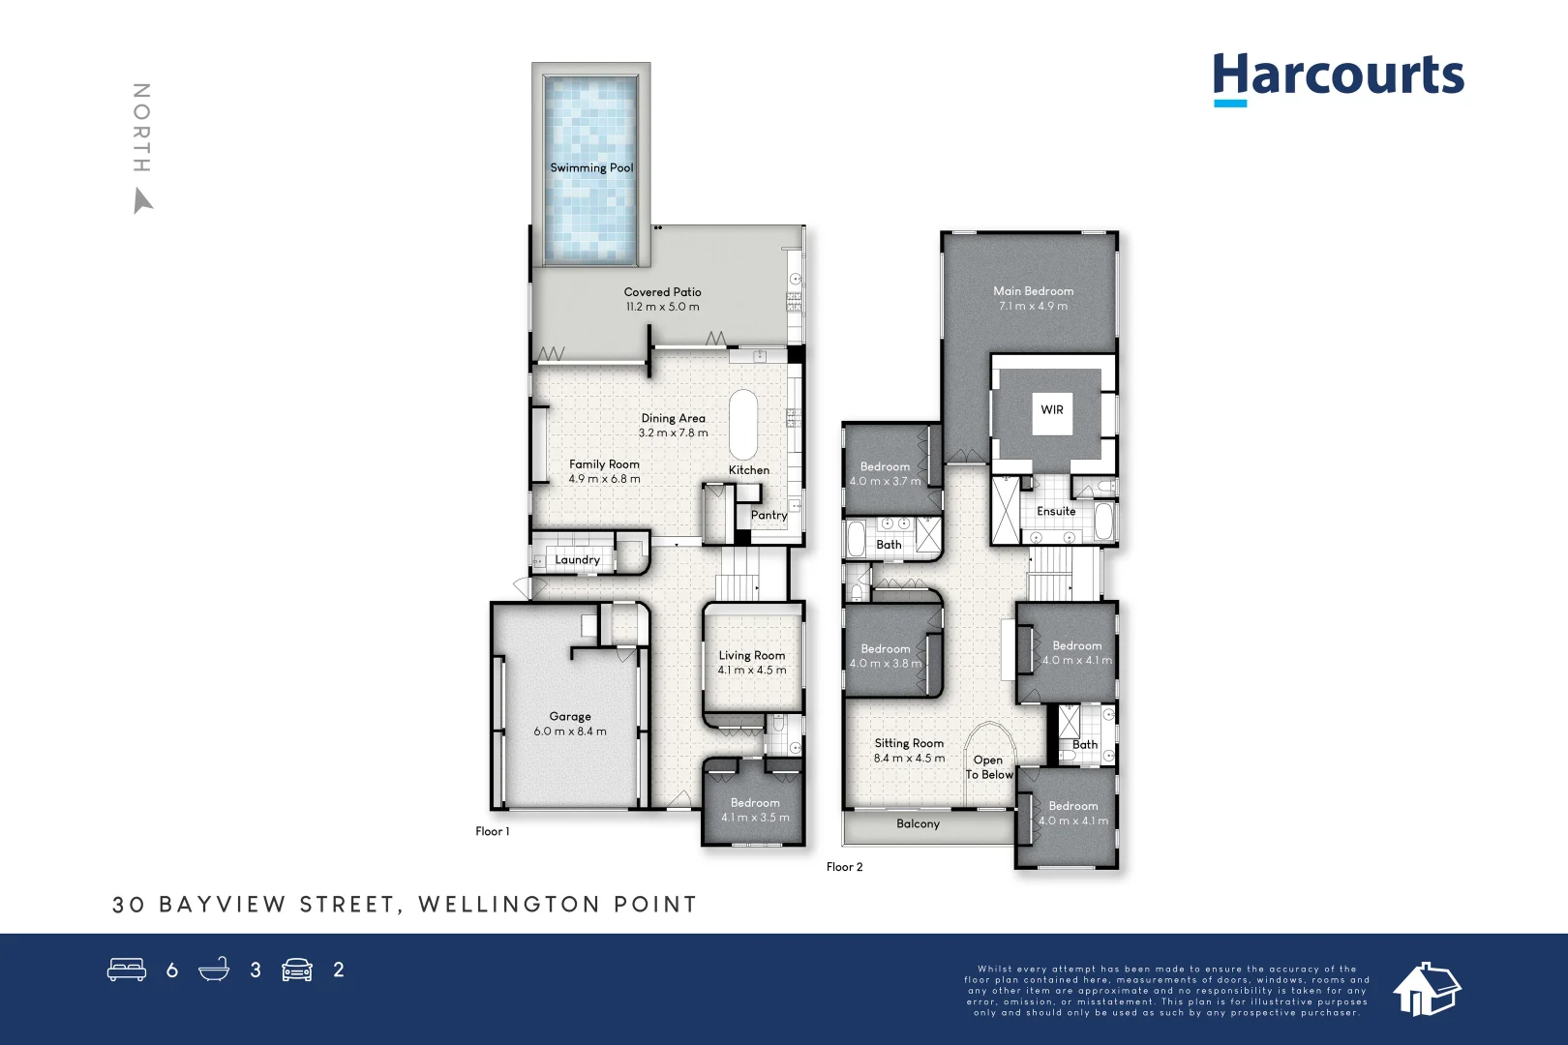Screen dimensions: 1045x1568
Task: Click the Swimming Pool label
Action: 591,167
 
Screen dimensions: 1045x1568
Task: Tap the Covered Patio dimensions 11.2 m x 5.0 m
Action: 662,307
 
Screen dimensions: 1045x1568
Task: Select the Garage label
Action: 570,716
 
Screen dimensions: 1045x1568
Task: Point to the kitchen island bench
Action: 743,425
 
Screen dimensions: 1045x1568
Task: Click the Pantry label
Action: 769,515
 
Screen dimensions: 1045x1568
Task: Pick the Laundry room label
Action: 577,559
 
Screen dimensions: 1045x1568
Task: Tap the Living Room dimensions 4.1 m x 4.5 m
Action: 752,670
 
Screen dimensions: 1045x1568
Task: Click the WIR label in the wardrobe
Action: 1052,409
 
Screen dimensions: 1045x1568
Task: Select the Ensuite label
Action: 1056,511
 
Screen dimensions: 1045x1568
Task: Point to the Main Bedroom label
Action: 1033,290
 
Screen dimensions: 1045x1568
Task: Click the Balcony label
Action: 918,823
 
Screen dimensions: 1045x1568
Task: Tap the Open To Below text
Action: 988,767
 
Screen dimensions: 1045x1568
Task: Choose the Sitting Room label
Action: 909,743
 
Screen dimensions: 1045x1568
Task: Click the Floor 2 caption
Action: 844,866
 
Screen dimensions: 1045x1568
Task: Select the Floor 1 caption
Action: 492,831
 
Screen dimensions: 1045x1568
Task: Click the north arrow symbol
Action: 142,201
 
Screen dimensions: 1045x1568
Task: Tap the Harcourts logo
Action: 1338,77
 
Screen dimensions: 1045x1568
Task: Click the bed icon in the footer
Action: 127,970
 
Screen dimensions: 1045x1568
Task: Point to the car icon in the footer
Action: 297,970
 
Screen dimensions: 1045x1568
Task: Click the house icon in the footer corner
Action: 1426,989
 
